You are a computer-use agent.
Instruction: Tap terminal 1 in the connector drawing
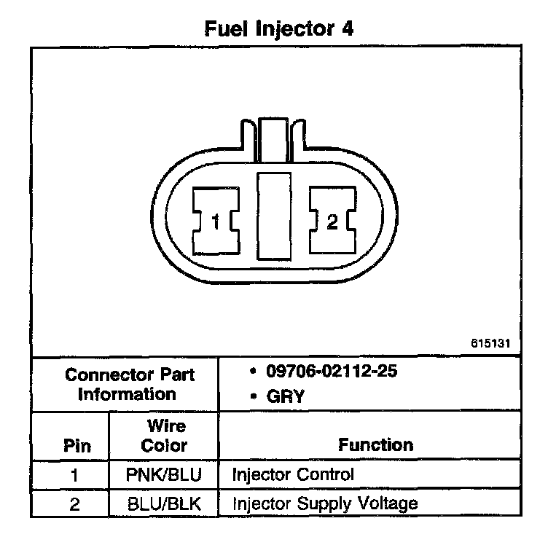(x=215, y=221)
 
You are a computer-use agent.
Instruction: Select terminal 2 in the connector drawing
(x=332, y=221)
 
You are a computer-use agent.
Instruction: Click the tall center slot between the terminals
(x=274, y=218)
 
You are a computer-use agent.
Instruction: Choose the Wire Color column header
(x=164, y=436)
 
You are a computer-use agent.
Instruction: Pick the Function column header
(x=375, y=444)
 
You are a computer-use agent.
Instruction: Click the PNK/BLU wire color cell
(x=164, y=475)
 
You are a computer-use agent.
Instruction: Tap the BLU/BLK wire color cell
(x=164, y=503)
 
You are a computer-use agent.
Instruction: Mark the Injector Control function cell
(x=293, y=475)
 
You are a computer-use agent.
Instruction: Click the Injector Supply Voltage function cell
(x=325, y=503)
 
